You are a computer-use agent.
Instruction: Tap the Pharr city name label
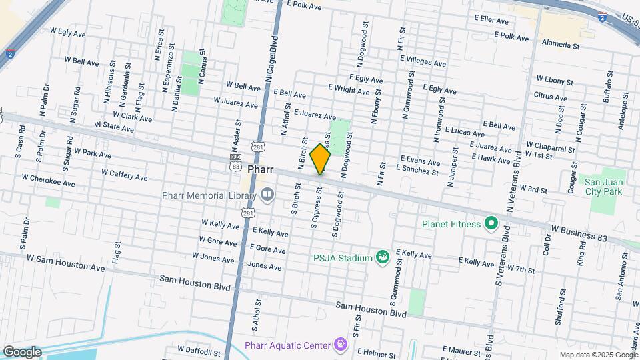pos(260,169)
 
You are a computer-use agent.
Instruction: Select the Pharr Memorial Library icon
pos(267,195)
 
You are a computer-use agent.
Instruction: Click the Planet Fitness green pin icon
pos(491,223)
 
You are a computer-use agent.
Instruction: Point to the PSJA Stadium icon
pos(382,257)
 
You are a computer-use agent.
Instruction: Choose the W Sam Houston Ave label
pos(66,263)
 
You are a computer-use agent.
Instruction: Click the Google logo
pos(21,352)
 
